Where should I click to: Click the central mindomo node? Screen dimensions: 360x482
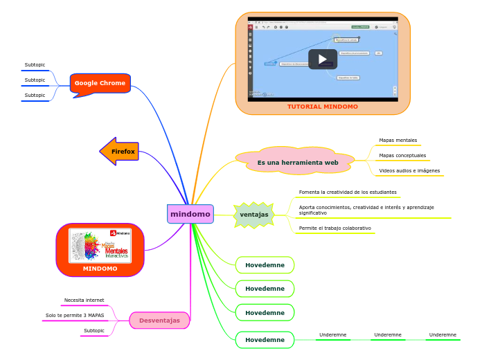(x=190, y=214)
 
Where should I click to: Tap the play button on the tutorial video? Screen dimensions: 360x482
(x=322, y=59)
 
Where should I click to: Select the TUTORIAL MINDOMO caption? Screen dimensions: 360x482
(x=323, y=107)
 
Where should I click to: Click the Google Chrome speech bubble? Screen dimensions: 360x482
(x=100, y=83)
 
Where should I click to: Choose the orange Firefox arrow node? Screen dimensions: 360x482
(x=120, y=151)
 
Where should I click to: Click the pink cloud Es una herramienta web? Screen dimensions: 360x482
(x=298, y=162)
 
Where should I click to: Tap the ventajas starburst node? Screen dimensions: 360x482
(x=254, y=215)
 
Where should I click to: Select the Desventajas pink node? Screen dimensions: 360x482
(x=159, y=320)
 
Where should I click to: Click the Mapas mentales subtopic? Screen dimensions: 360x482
(x=398, y=141)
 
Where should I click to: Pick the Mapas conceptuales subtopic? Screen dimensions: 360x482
(x=402, y=156)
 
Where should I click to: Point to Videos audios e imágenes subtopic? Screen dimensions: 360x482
(x=409, y=170)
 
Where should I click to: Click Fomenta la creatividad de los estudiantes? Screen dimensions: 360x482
(x=348, y=192)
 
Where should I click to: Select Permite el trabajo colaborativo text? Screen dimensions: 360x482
(x=334, y=228)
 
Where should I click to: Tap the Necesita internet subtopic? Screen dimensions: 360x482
(x=84, y=300)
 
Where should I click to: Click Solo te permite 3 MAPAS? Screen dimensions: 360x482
(x=75, y=315)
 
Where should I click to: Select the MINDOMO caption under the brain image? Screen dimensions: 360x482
(x=100, y=268)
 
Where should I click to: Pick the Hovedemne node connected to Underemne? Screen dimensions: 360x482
(x=265, y=340)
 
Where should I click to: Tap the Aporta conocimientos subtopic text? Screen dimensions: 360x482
(x=366, y=210)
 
